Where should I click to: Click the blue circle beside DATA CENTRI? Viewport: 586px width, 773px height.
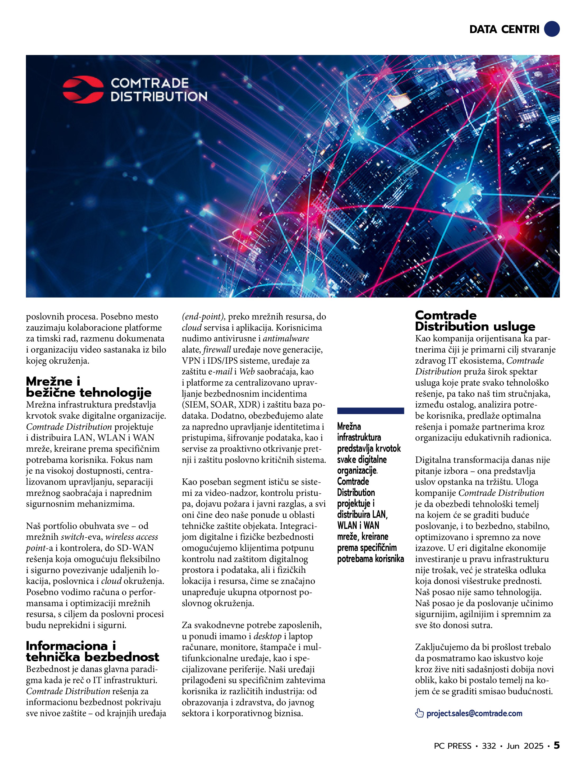click(552, 29)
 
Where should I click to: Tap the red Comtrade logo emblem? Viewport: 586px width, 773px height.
click(83, 89)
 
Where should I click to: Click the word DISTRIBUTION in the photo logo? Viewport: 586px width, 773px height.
click(159, 97)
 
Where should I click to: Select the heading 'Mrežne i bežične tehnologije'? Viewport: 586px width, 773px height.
click(88, 387)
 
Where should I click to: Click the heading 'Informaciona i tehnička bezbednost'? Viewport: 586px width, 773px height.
click(92, 651)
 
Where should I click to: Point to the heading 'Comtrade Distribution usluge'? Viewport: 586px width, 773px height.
click(475, 321)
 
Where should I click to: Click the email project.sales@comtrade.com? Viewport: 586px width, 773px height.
click(474, 713)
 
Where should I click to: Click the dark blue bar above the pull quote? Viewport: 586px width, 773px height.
click(370, 411)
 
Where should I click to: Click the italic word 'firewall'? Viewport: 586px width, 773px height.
click(217, 349)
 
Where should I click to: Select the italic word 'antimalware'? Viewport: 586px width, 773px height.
click(286, 338)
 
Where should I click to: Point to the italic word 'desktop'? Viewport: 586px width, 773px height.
click(267, 636)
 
